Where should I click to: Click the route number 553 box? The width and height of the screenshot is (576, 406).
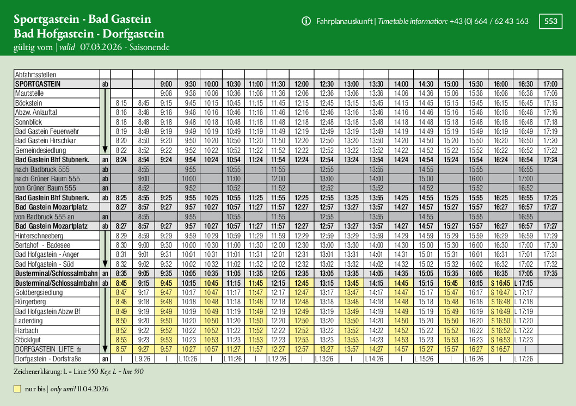click(551, 21)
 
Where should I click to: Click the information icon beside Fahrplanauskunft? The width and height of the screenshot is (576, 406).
click(306, 21)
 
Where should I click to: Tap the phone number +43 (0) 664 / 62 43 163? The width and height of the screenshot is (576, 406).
click(489, 21)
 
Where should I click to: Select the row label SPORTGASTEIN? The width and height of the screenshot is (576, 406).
click(38, 84)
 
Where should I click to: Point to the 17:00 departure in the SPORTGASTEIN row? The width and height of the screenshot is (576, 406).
click(550, 84)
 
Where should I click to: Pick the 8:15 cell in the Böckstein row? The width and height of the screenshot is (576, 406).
click(121, 103)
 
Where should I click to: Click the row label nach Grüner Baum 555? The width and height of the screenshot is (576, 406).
click(47, 179)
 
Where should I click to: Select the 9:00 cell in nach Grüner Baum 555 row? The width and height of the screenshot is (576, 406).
click(143, 179)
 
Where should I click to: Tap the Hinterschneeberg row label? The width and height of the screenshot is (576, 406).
click(39, 236)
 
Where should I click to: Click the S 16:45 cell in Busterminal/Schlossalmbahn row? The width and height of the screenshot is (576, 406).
click(500, 284)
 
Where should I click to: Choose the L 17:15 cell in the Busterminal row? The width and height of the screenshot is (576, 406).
click(525, 284)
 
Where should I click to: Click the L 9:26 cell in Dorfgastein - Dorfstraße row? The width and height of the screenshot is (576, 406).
click(143, 359)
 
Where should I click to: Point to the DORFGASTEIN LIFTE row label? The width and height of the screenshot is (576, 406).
click(48, 349)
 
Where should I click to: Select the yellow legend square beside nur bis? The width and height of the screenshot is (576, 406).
click(17, 389)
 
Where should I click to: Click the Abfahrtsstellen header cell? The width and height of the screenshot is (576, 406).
click(36, 75)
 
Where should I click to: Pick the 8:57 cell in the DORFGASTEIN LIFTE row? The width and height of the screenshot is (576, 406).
click(121, 349)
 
